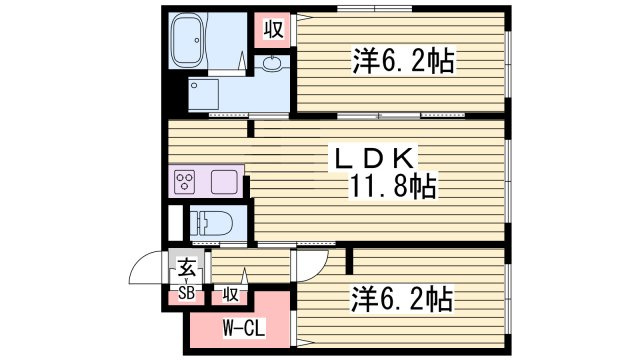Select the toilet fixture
pyautogui.click(x=211, y=224)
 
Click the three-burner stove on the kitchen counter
pyautogui.click(x=184, y=181)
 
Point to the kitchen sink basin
pyautogui.click(x=224, y=181)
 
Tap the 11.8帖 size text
pyautogui.click(x=392, y=186)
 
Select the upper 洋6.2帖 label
pyautogui.click(x=403, y=62)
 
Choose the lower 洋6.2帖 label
pyautogui.click(x=402, y=300)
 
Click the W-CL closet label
pyautogui.click(x=244, y=327)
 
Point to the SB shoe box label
pyautogui.click(x=187, y=293)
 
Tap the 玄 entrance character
pyautogui.click(x=186, y=268)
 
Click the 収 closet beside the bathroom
pyautogui.click(x=273, y=29)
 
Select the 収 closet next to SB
pyautogui.click(x=230, y=294)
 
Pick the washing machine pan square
pyautogui.click(x=203, y=94)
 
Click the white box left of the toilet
pyautogui.click(x=176, y=223)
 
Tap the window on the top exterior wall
pyautogui.click(x=374, y=9)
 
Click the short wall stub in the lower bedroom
pyautogui.click(x=349, y=260)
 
